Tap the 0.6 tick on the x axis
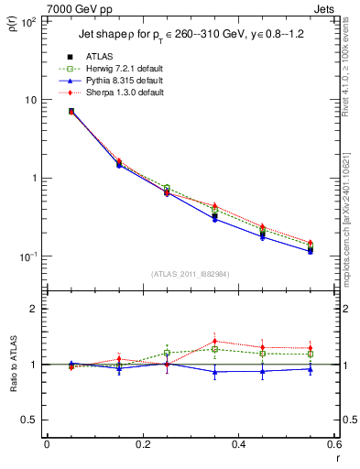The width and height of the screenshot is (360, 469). (333, 446)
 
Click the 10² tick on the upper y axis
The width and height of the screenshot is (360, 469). (29, 21)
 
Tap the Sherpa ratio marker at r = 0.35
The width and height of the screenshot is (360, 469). (214, 342)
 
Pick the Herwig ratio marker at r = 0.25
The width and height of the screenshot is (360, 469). (167, 353)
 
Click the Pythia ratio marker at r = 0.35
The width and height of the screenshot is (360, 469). (214, 372)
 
